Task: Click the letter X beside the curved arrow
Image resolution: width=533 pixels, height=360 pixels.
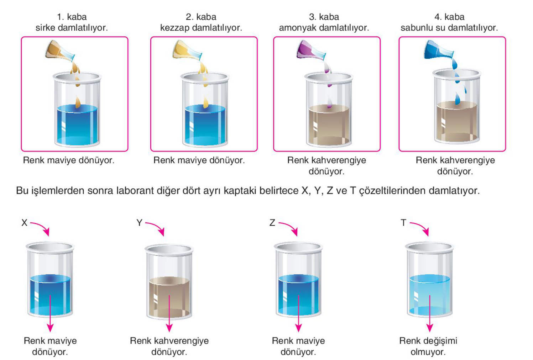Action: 24,223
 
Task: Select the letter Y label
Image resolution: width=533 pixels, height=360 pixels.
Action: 140,223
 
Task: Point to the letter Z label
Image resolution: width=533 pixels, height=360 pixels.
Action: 272,223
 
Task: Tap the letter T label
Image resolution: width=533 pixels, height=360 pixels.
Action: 403,223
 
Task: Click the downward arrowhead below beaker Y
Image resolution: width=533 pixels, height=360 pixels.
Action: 169,328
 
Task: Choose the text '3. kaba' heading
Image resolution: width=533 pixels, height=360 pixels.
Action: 324,17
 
